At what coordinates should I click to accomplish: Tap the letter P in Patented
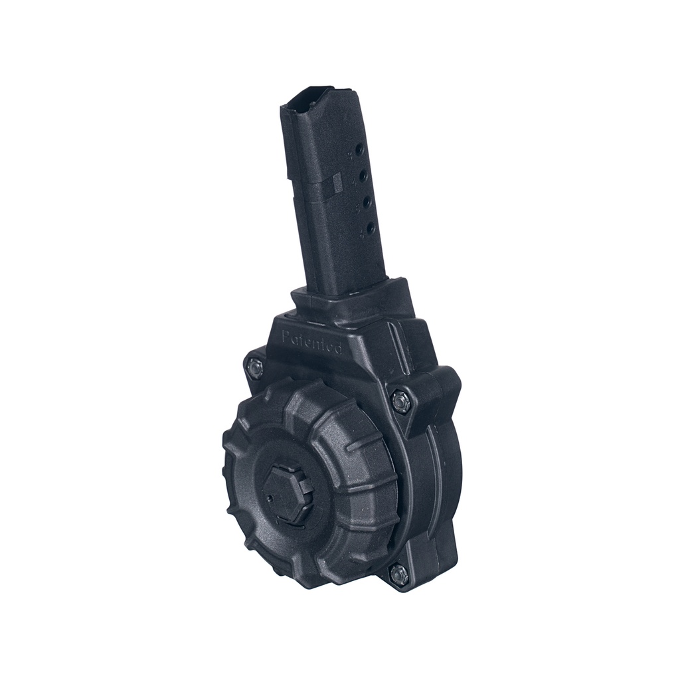click(286, 336)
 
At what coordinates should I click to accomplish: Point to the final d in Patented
click(339, 348)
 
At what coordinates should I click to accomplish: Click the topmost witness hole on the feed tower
click(359, 151)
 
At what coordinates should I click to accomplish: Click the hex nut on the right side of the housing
click(400, 401)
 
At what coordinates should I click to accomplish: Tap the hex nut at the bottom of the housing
click(399, 574)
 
